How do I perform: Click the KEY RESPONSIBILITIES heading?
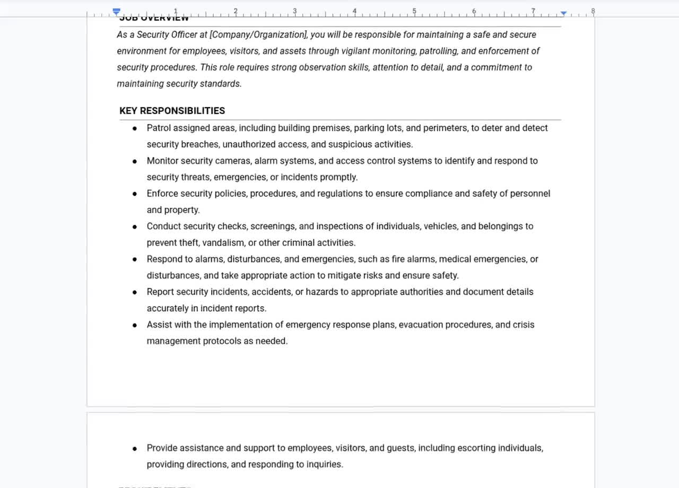pos(172,111)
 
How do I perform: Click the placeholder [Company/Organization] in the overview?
pos(258,35)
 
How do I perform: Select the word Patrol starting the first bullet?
pos(159,128)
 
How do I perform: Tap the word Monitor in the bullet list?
pos(162,161)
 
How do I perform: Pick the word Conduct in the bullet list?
pos(163,226)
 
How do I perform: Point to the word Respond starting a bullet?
pos(164,259)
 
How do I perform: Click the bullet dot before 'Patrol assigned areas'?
pos(135,128)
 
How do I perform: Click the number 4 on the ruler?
pos(354,11)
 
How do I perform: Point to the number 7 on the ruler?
pos(533,11)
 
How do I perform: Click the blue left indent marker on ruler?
pos(117,12)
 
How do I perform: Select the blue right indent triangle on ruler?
pos(563,13)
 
